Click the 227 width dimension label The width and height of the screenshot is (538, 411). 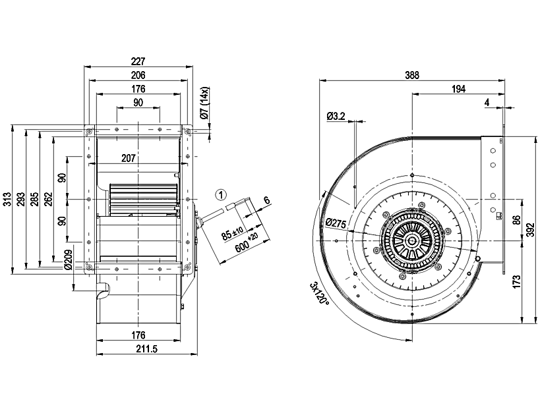pos(138,61)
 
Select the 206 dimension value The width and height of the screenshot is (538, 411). pos(138,75)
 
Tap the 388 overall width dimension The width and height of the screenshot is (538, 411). pos(412,75)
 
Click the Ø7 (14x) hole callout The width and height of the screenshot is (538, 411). pos(204,103)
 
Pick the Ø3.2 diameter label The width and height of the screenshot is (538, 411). pos(336,117)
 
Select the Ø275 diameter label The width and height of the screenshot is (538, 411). pos(336,223)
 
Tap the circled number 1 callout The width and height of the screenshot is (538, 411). pos(222,195)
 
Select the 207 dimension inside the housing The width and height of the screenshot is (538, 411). pos(129,158)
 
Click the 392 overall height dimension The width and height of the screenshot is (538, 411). pos(530,231)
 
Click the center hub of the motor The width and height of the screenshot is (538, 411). pos(411,240)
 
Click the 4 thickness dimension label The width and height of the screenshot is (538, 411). pos(486,102)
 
